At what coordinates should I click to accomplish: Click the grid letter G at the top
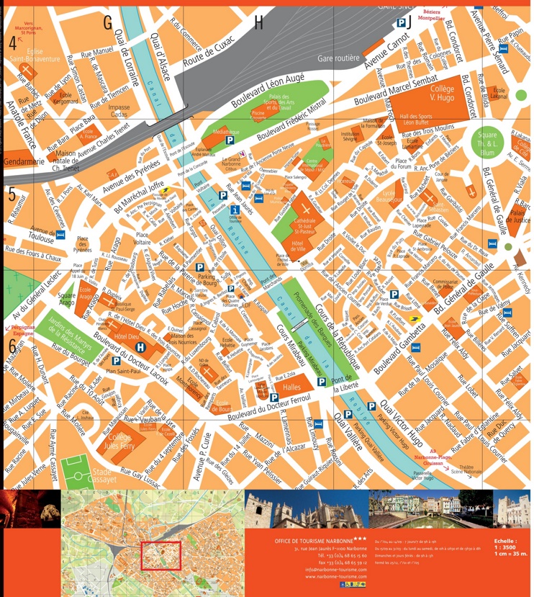(x=108, y=23)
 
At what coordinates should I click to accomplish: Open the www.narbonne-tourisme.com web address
(x=330, y=577)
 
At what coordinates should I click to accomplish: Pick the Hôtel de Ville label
(x=297, y=248)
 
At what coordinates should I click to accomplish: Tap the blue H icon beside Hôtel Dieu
(x=140, y=347)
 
